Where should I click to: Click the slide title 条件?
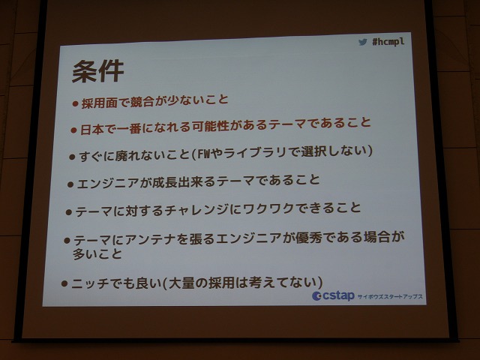(x=98, y=71)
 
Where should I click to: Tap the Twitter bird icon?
(x=363, y=42)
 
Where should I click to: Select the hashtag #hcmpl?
(x=388, y=41)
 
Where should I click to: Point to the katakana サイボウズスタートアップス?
(x=390, y=296)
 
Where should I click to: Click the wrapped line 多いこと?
(x=97, y=254)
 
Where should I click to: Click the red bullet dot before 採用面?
(x=75, y=104)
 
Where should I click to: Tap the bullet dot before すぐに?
(x=72, y=157)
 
